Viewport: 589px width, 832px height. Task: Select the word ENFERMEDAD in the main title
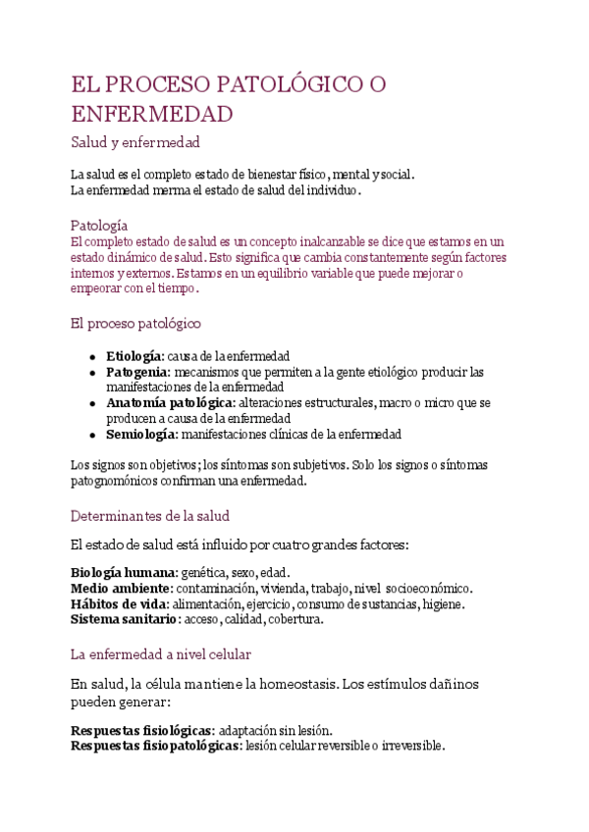tap(152, 114)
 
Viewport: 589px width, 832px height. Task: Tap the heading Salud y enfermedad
tap(135, 143)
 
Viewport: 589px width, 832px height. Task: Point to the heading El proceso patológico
tap(136, 322)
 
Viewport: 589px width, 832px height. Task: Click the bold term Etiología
tap(134, 356)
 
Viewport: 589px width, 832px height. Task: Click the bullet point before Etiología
tap(91, 356)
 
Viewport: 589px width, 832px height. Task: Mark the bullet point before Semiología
tap(91, 434)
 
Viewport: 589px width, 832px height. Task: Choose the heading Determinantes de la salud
tap(150, 515)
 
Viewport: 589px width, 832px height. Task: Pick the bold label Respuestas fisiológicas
tap(141, 731)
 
